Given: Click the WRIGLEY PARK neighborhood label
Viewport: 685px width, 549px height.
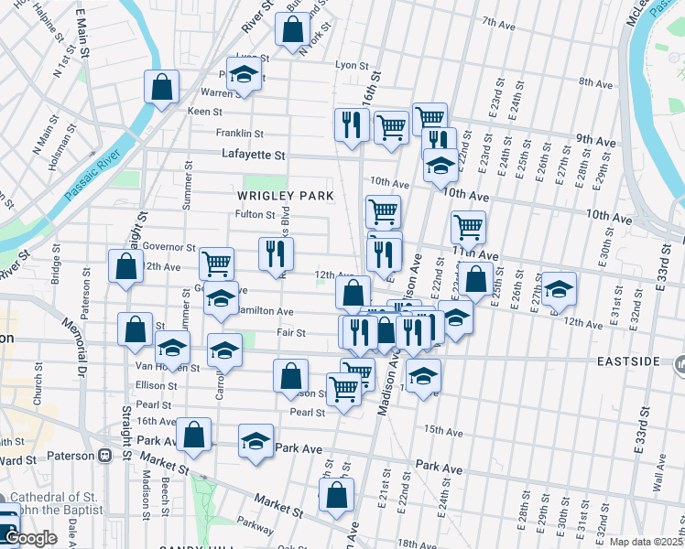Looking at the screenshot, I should point(284,196).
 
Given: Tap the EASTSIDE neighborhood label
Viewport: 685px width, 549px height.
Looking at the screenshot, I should point(628,361).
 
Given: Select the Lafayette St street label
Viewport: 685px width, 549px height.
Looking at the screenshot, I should point(254,156).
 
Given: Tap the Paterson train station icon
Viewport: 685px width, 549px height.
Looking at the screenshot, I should point(105,455).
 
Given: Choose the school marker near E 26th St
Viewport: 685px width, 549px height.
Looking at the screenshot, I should point(559,289).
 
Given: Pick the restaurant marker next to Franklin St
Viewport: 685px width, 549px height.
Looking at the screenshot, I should point(350,125).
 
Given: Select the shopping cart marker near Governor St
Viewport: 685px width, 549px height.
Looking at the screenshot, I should point(216,264).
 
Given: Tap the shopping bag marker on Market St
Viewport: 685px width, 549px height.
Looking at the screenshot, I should point(337,494).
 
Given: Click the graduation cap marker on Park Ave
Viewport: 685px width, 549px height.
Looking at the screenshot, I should point(256,441).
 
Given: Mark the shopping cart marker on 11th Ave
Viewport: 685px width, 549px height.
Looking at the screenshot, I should point(468,226).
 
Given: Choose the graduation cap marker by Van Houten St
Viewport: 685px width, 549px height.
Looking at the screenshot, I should point(171,348).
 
